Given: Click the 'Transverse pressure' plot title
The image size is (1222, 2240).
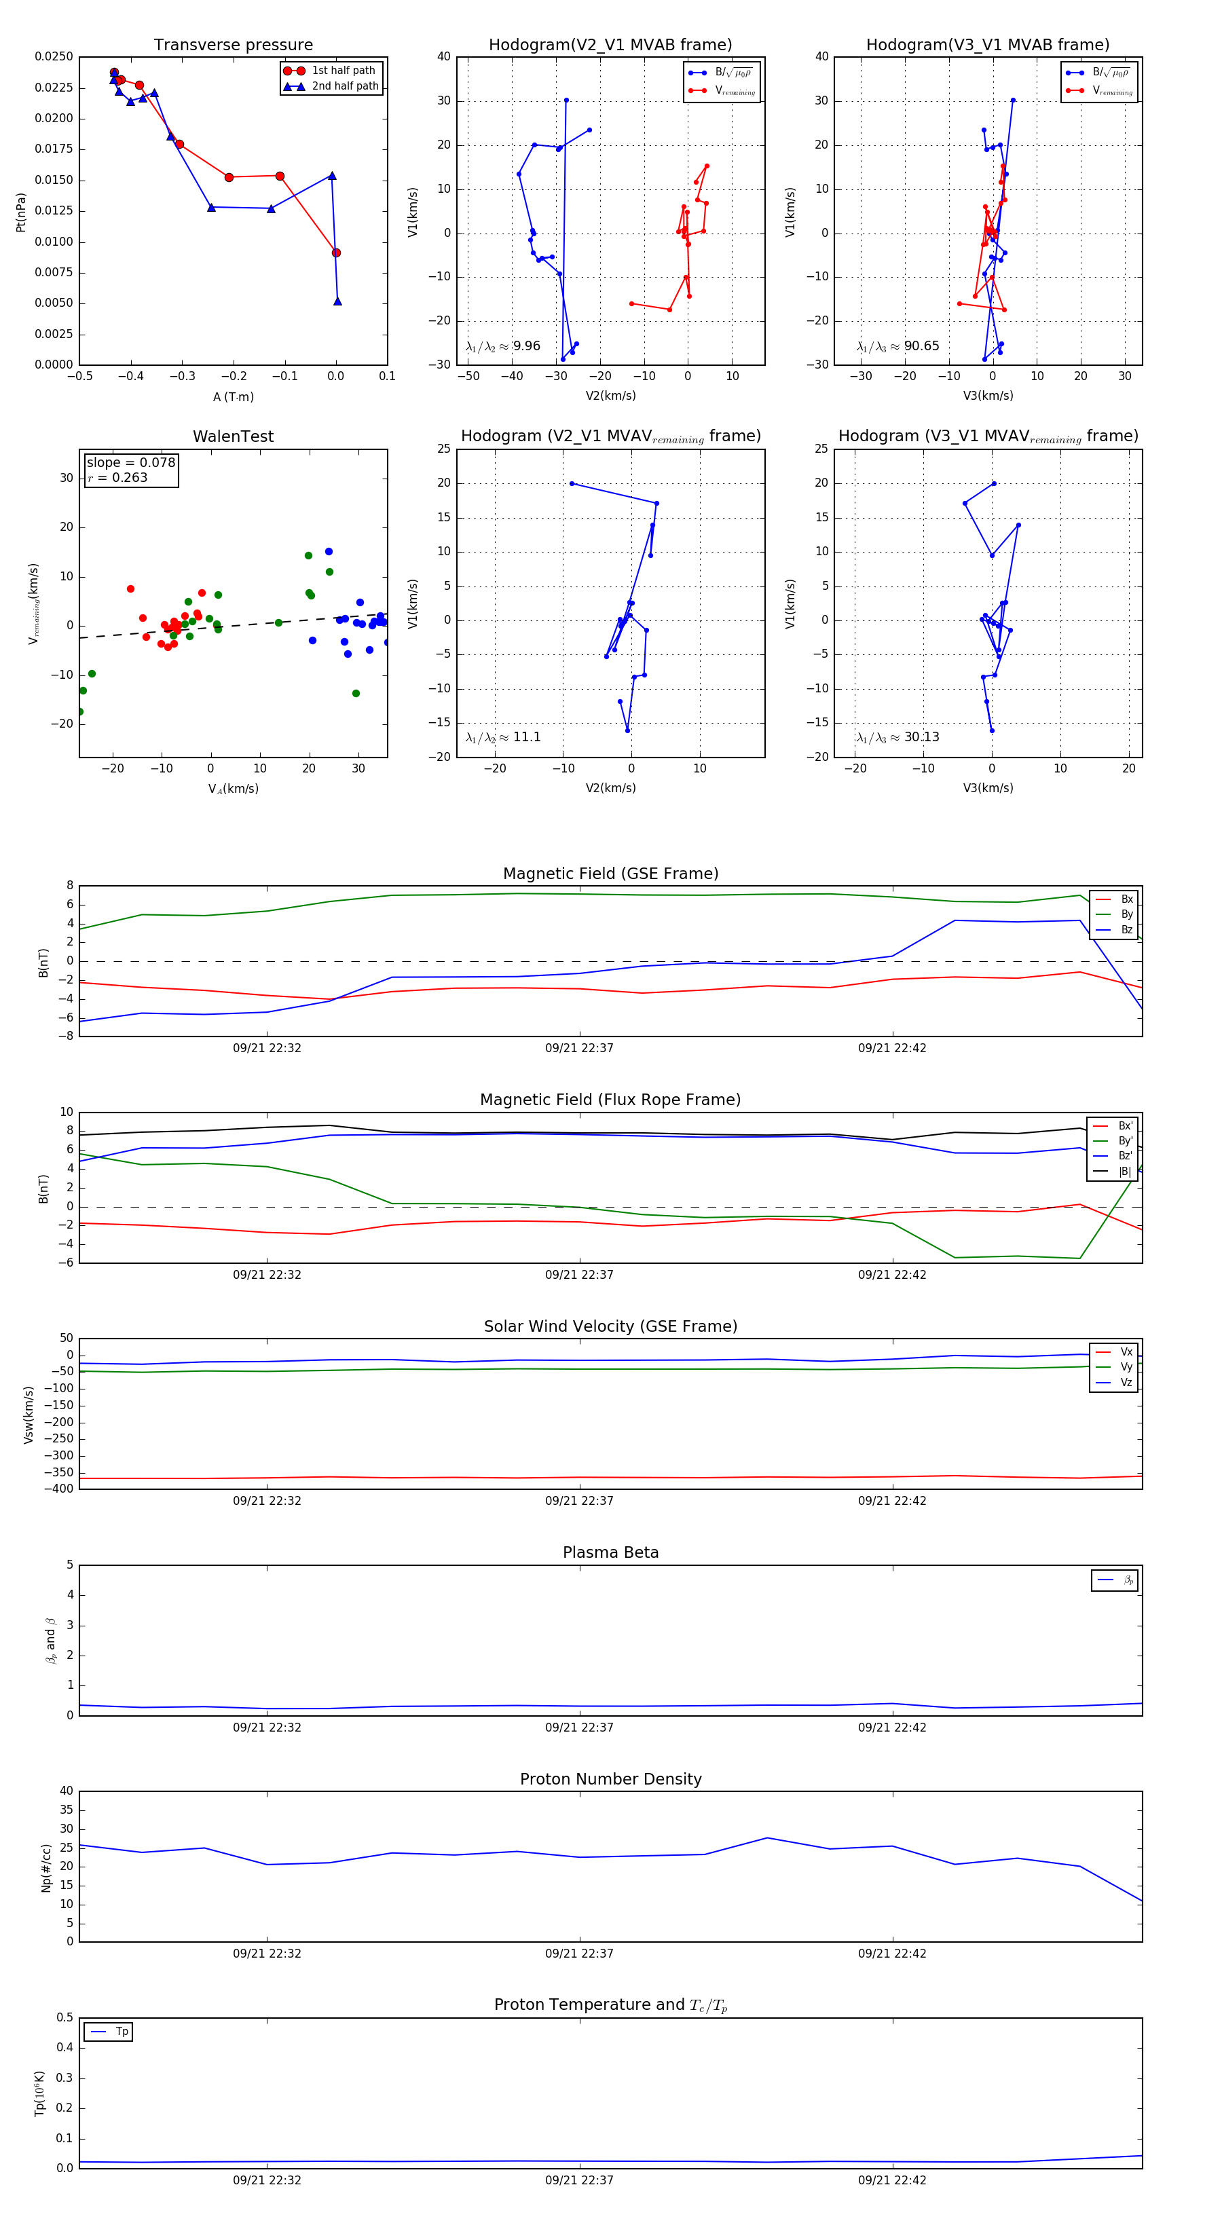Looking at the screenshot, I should (x=233, y=45).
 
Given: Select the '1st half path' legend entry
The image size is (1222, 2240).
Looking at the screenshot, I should (x=343, y=71).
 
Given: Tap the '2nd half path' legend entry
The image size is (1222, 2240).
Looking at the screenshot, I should (x=344, y=86).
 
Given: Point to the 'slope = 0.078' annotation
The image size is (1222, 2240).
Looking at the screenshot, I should (x=130, y=463).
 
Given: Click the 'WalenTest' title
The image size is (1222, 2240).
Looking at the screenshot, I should (x=233, y=436).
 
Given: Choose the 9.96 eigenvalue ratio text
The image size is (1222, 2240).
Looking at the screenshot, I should (x=526, y=346).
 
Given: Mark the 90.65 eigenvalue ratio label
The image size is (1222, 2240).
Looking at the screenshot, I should (x=921, y=346).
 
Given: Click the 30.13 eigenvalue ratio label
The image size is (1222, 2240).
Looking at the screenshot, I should (x=921, y=737).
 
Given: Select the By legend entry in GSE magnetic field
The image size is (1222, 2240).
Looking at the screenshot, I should (x=1126, y=914).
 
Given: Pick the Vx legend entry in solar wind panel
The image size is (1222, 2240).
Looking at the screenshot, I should (x=1126, y=1352).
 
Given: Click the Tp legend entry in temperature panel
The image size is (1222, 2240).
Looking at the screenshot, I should (x=122, y=2032).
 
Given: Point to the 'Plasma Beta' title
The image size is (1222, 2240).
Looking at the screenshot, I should (x=610, y=1552).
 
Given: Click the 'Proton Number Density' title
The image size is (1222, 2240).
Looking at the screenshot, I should (x=610, y=1779).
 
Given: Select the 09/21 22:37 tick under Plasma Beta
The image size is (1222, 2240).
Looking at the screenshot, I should (x=579, y=1728).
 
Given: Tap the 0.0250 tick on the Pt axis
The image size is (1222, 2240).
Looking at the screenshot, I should (x=54, y=56).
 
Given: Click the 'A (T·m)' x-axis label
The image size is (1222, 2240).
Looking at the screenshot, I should (x=233, y=397).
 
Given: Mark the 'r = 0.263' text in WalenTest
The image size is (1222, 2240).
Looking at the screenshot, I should (x=117, y=477).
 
